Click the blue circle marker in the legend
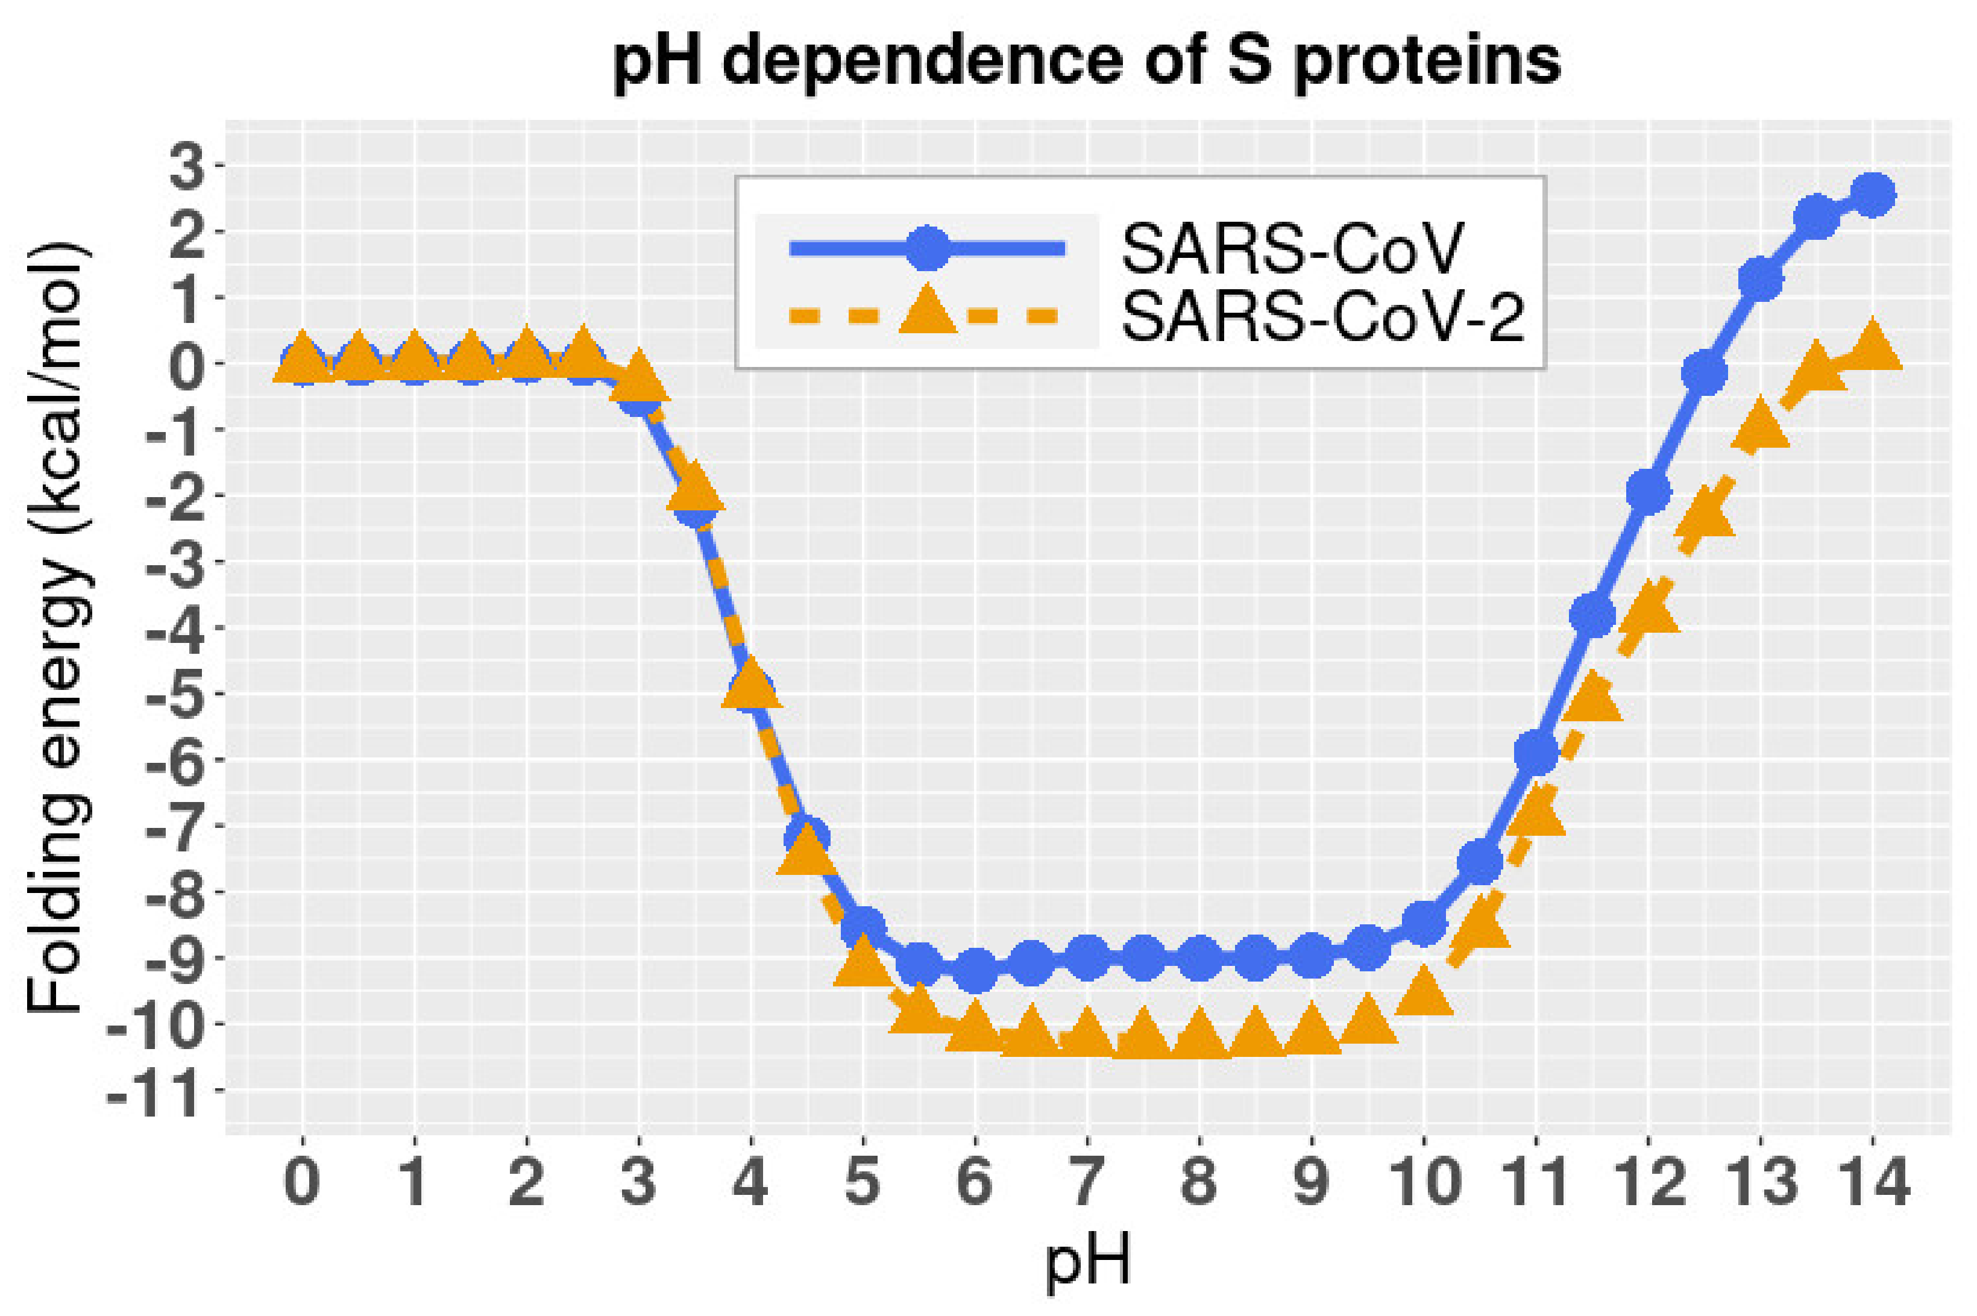[x=927, y=248]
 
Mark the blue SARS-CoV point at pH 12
[x=1648, y=491]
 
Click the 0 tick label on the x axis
[x=302, y=1182]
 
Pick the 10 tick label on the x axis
[x=1424, y=1182]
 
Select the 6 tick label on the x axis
[x=975, y=1182]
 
